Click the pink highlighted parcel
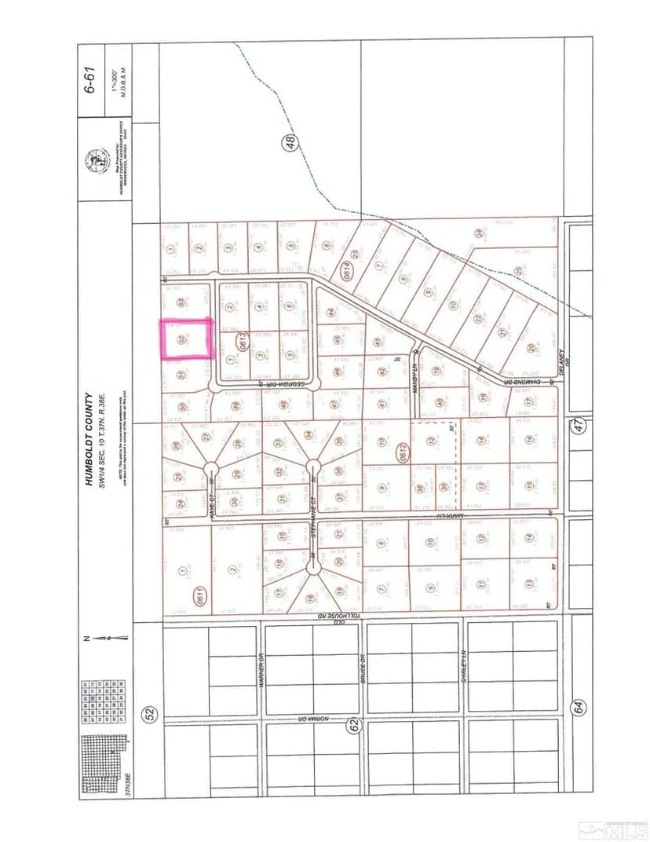pos(187,339)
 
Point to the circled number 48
pos(290,143)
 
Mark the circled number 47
pos(579,426)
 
